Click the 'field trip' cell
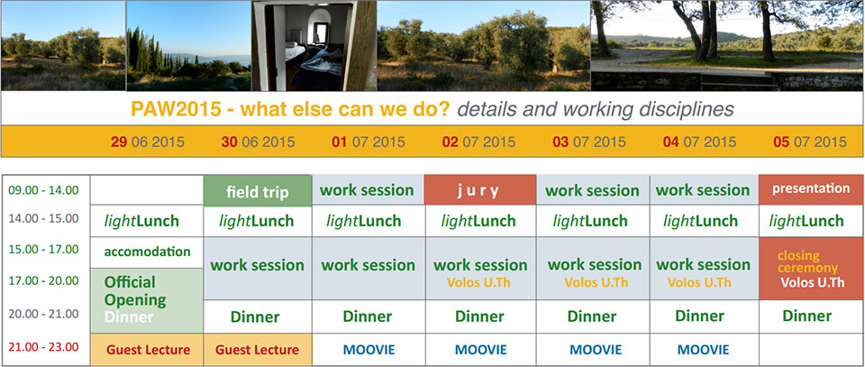click(258, 191)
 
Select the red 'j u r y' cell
click(480, 190)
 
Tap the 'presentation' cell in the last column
click(811, 190)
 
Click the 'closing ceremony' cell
click(811, 269)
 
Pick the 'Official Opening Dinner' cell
click(147, 301)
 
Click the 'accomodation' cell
click(147, 252)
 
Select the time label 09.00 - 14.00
click(43, 190)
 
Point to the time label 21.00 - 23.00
click(43, 347)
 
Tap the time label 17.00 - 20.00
click(43, 281)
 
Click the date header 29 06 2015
click(147, 142)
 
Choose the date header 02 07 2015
click(478, 142)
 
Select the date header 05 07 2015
click(810, 142)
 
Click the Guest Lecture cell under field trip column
click(258, 349)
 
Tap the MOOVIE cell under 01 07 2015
click(369, 349)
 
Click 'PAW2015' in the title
click(175, 109)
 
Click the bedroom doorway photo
click(314, 46)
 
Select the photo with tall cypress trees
click(188, 46)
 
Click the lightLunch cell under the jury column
click(480, 221)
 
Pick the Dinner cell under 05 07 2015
click(811, 317)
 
